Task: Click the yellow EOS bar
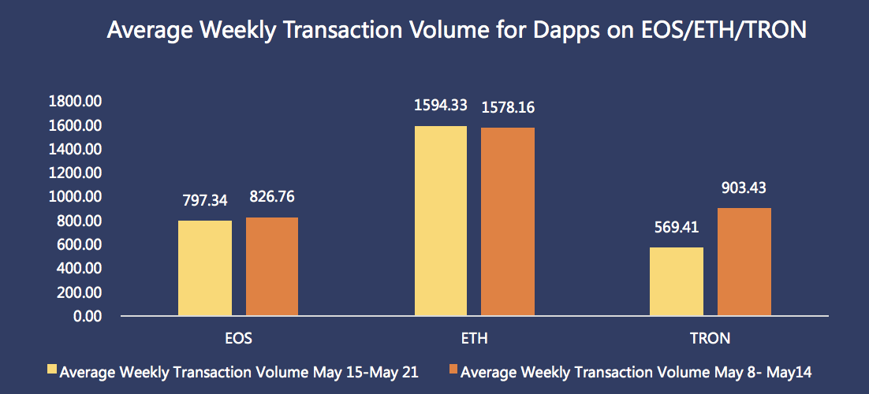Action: (205, 268)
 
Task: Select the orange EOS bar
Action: (272, 266)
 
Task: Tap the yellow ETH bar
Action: (441, 221)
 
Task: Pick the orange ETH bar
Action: (508, 221)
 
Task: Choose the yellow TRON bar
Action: (677, 281)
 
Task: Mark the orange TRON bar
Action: (744, 262)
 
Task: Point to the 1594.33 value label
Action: (441, 105)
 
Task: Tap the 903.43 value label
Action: (744, 188)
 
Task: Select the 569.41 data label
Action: (677, 227)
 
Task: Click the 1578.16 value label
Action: (508, 107)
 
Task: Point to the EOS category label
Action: (240, 339)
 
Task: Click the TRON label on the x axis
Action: (710, 339)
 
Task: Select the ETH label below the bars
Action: (475, 339)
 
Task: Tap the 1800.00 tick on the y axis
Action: (76, 102)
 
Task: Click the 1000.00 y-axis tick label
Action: (76, 197)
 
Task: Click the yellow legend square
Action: (53, 370)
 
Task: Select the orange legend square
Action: (453, 370)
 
